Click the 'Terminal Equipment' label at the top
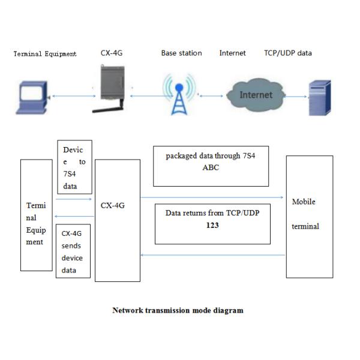[x=45, y=54]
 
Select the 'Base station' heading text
[x=181, y=53]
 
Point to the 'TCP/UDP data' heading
[x=287, y=53]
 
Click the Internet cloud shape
[x=254, y=95]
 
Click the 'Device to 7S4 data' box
[x=74, y=167]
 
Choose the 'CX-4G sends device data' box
[x=74, y=252]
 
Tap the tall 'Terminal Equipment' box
[x=36, y=215]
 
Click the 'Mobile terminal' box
[x=309, y=216]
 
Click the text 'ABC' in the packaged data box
[x=211, y=167]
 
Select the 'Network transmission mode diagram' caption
[x=178, y=310]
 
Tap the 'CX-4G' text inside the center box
[x=113, y=206]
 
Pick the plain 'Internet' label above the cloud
[x=232, y=53]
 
